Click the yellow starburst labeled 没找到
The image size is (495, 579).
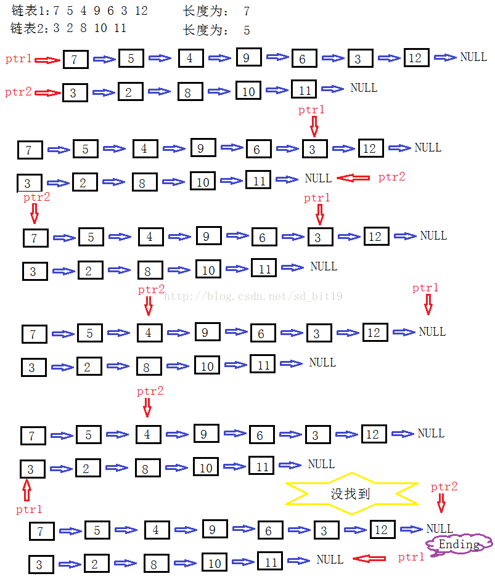click(x=351, y=493)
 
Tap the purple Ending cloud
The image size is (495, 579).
click(x=459, y=545)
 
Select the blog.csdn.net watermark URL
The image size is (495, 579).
click(x=253, y=296)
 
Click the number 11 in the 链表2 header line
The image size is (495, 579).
click(x=120, y=28)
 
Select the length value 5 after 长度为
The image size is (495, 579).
click(x=247, y=30)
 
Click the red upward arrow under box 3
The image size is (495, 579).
click(x=27, y=490)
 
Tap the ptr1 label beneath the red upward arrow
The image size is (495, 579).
click(x=29, y=509)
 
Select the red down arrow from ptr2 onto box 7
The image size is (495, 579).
click(x=35, y=214)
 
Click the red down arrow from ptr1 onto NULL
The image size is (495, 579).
click(x=428, y=304)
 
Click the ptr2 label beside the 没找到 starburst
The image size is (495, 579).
click(x=444, y=487)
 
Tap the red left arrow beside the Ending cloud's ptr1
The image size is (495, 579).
click(x=369, y=558)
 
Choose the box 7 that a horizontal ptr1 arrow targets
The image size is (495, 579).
click(x=74, y=60)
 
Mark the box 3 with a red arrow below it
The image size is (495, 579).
click(x=30, y=469)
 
